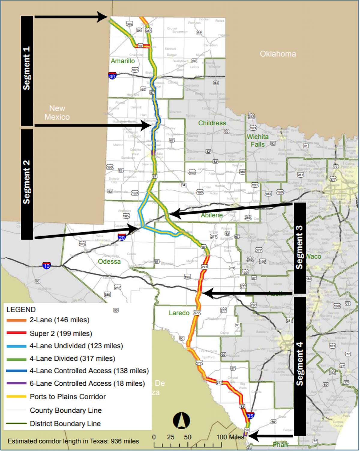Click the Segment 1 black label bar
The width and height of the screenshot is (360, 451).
pyautogui.click(x=27, y=70)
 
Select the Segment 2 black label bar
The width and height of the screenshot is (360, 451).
pyautogui.click(x=27, y=184)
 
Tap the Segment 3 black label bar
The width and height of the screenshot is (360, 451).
pyautogui.click(x=299, y=248)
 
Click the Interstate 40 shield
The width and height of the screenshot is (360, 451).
pyautogui.click(x=112, y=76)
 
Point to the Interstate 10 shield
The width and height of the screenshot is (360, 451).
pyautogui.click(x=46, y=265)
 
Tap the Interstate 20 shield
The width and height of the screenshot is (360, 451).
pyautogui.click(x=122, y=237)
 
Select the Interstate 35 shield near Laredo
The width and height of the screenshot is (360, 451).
pyautogui.click(x=250, y=415)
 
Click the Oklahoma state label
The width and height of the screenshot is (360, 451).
pyautogui.click(x=278, y=54)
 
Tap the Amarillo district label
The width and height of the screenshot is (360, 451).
pyautogui.click(x=123, y=61)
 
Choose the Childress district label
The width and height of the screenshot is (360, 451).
pyautogui.click(x=212, y=123)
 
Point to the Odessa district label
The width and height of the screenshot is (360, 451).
pyautogui.click(x=109, y=261)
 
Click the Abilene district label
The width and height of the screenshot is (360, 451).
pyautogui.click(x=212, y=215)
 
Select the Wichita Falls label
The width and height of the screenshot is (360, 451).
pyautogui.click(x=258, y=140)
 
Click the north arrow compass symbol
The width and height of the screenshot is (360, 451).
pyautogui.click(x=181, y=420)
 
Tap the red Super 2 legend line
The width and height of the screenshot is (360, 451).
pyautogui.click(x=16, y=333)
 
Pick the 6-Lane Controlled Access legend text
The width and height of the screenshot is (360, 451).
pyautogui.click(x=87, y=383)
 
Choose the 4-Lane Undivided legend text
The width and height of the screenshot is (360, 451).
pyautogui.click(x=76, y=346)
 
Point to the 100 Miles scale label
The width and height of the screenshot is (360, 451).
pyautogui.click(x=230, y=437)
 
